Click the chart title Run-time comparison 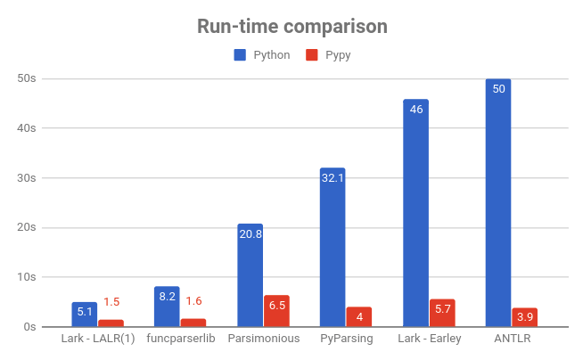291,27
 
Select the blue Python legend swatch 240,55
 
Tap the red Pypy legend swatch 311,55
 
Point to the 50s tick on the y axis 27,78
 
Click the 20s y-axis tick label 27,227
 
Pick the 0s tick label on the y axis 29,327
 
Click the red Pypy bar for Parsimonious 276,311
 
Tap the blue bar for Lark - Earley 415,213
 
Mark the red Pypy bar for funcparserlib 193,323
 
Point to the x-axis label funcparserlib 180,340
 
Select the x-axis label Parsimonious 263,340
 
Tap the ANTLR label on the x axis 512,340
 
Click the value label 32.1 333,177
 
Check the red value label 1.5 111,302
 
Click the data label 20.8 250,233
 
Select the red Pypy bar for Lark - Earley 442,313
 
